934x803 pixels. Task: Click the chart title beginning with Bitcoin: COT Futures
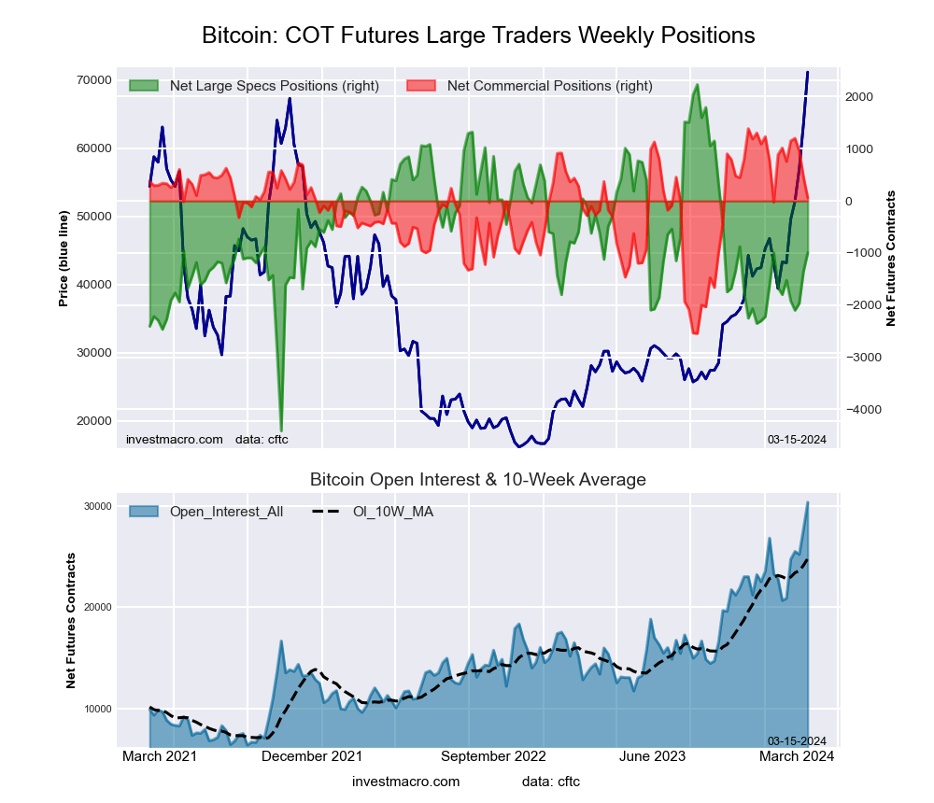(x=478, y=35)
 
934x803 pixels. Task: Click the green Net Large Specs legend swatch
(x=144, y=86)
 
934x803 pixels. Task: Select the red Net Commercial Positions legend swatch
(x=421, y=86)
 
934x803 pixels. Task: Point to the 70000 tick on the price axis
(x=94, y=80)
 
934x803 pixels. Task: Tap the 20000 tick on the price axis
(x=94, y=421)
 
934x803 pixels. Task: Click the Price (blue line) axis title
(x=64, y=259)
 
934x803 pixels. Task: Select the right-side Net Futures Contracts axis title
(x=891, y=259)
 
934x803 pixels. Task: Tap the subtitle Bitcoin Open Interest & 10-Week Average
(x=478, y=480)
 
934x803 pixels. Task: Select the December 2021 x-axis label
(x=312, y=756)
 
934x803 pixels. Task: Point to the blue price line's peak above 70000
(x=808, y=72)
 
